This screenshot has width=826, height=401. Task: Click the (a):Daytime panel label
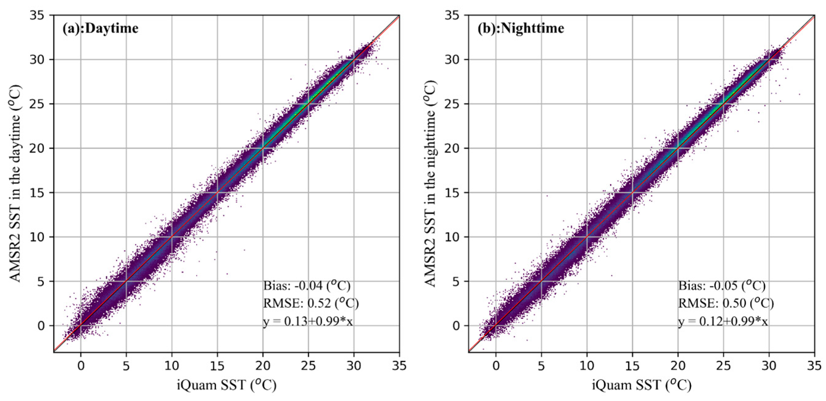pos(101,29)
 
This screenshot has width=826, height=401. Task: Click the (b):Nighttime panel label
pos(521,29)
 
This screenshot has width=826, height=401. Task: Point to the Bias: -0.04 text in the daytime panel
pos(306,285)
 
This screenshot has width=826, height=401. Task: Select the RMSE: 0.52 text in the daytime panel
pos(311,303)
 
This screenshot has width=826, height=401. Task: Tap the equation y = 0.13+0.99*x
pos(308,321)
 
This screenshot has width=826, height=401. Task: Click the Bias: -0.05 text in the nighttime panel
pos(722,285)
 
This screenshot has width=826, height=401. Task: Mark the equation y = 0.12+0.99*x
pos(723,321)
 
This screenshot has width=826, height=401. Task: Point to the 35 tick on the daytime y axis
pos(37,15)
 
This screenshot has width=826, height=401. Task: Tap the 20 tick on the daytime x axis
pos(263,366)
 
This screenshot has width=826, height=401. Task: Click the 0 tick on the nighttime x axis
pos(496,366)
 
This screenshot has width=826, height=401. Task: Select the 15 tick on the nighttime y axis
pos(452,193)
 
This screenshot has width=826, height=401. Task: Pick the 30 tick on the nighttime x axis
pos(769,366)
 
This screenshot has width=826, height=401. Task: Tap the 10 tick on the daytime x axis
pos(171,366)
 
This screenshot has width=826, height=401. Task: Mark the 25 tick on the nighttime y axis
pos(452,104)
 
